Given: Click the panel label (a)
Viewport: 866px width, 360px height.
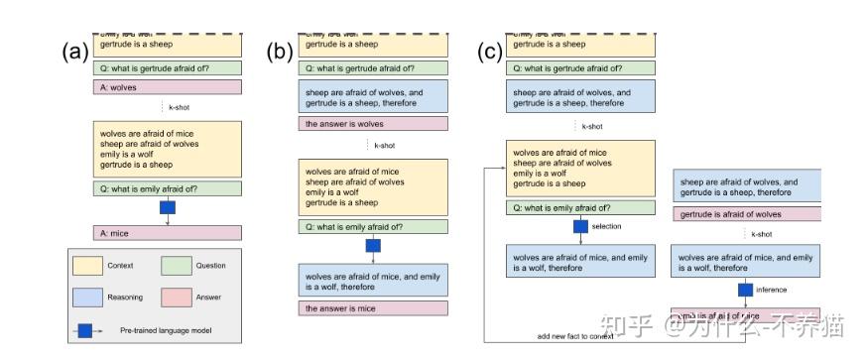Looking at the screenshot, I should tap(75, 52).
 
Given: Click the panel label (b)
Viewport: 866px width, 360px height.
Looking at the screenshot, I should tap(281, 53).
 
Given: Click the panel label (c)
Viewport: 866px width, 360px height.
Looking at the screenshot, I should tap(490, 53).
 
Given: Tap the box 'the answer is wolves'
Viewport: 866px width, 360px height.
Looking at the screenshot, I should tap(373, 124).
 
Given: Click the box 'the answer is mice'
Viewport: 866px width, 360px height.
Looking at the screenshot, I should tap(373, 308).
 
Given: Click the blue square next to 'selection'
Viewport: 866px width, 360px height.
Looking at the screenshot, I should tap(581, 227).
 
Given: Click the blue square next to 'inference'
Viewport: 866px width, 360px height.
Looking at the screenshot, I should tap(746, 290).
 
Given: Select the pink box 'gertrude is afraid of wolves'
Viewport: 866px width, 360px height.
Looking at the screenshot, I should tap(747, 214).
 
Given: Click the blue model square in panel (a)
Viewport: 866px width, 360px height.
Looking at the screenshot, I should tap(167, 207).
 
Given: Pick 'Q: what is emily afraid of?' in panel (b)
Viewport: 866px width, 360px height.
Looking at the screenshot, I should tap(373, 227).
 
